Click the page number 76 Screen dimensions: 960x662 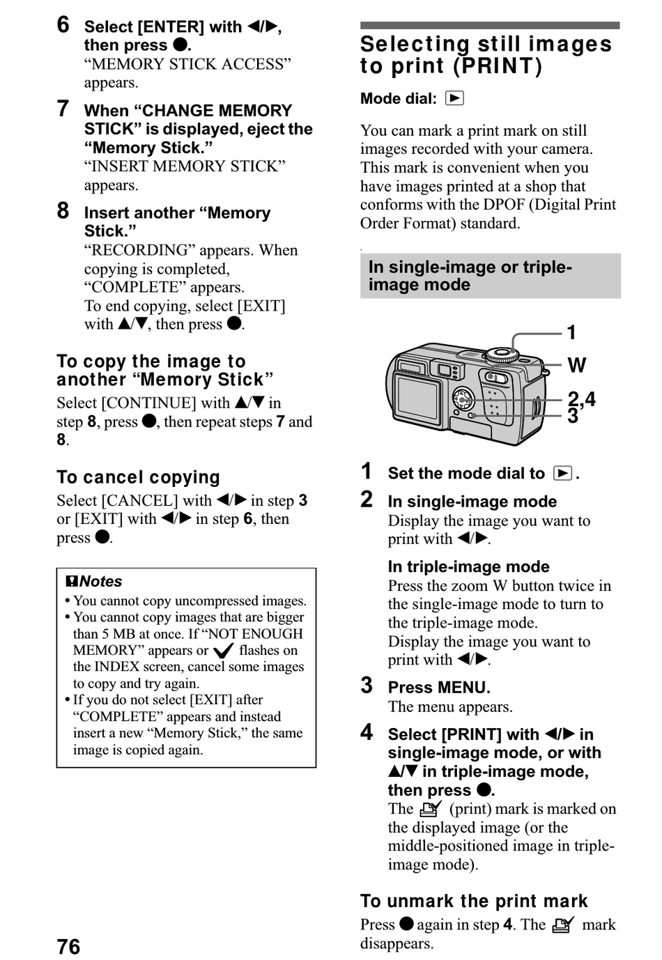pos(68,946)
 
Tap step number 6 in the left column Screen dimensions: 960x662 pos(63,25)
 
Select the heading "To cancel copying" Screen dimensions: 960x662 pos(138,477)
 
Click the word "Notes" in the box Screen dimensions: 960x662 pos(100,581)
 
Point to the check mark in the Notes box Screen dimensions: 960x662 pos(223,651)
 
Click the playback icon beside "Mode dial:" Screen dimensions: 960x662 pos(454,98)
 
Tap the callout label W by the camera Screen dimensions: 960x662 pos(576,365)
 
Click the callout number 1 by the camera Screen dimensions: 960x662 pos(571,333)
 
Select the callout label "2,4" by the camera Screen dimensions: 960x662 pos(581,399)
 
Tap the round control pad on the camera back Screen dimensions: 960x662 pos(463,398)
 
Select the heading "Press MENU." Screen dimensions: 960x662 pos(439,688)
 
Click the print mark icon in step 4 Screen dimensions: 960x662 pos(431,809)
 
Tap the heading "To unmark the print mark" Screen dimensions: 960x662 pos(474,901)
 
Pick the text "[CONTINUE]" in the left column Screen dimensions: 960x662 pos(148,403)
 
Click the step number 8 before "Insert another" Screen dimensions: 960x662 pos(63,211)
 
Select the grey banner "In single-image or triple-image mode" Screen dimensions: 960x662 pos(490,276)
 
